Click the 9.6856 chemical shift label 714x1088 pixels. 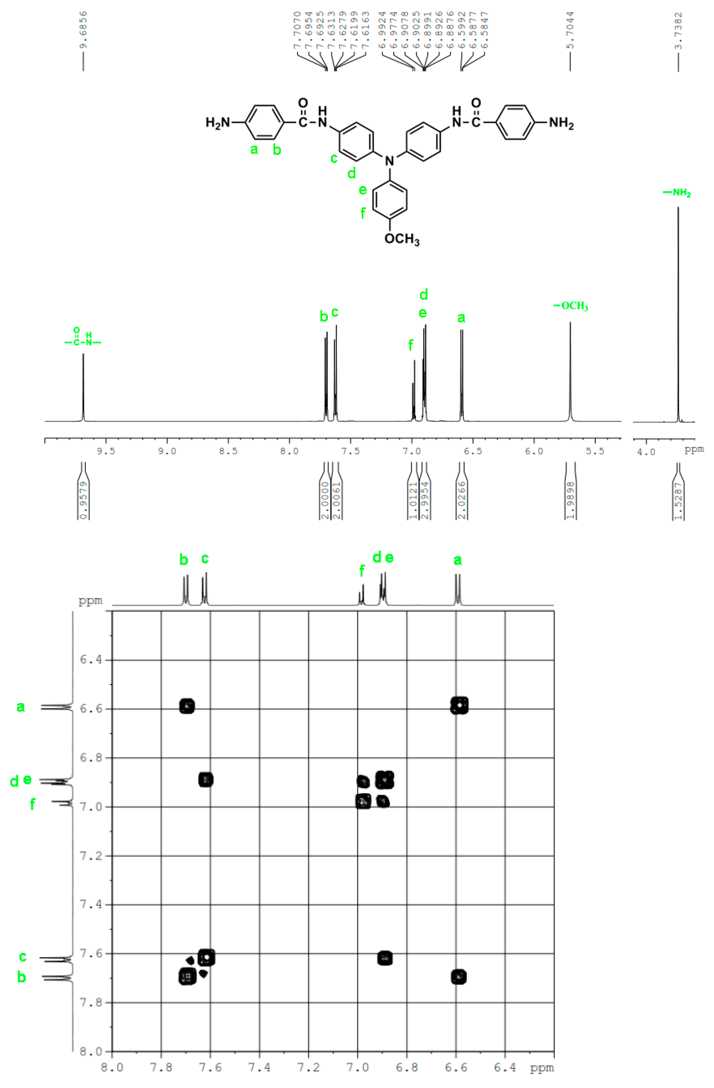click(83, 30)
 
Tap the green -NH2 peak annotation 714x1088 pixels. click(677, 193)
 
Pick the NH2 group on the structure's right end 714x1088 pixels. click(561, 123)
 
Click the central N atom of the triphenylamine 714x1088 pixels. click(389, 160)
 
